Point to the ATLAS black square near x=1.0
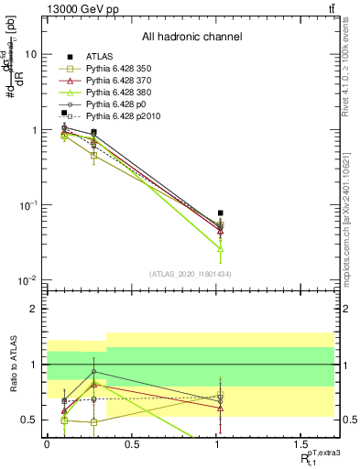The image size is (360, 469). tap(220, 213)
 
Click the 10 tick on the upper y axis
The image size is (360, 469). tap(30, 55)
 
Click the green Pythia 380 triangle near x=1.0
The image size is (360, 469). tap(220, 248)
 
